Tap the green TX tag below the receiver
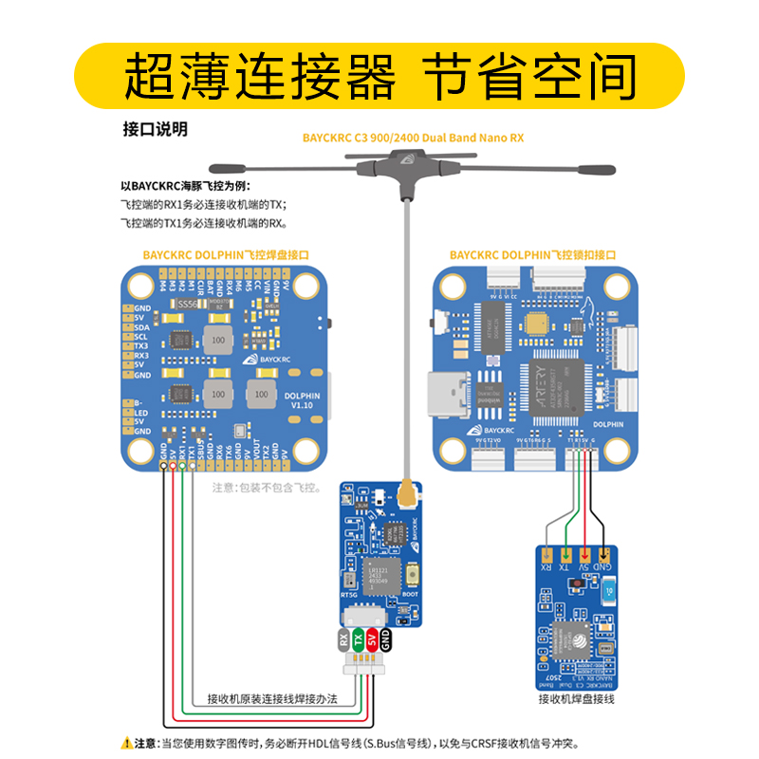point(359,640)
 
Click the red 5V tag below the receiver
point(373,640)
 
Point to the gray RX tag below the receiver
point(344,640)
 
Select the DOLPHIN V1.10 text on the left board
point(303,399)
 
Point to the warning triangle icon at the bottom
point(125,744)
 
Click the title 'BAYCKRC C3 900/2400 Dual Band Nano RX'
point(413,138)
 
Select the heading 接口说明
point(155,128)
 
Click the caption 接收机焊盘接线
point(576,699)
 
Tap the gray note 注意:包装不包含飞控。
point(267,488)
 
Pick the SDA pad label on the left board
point(142,326)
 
